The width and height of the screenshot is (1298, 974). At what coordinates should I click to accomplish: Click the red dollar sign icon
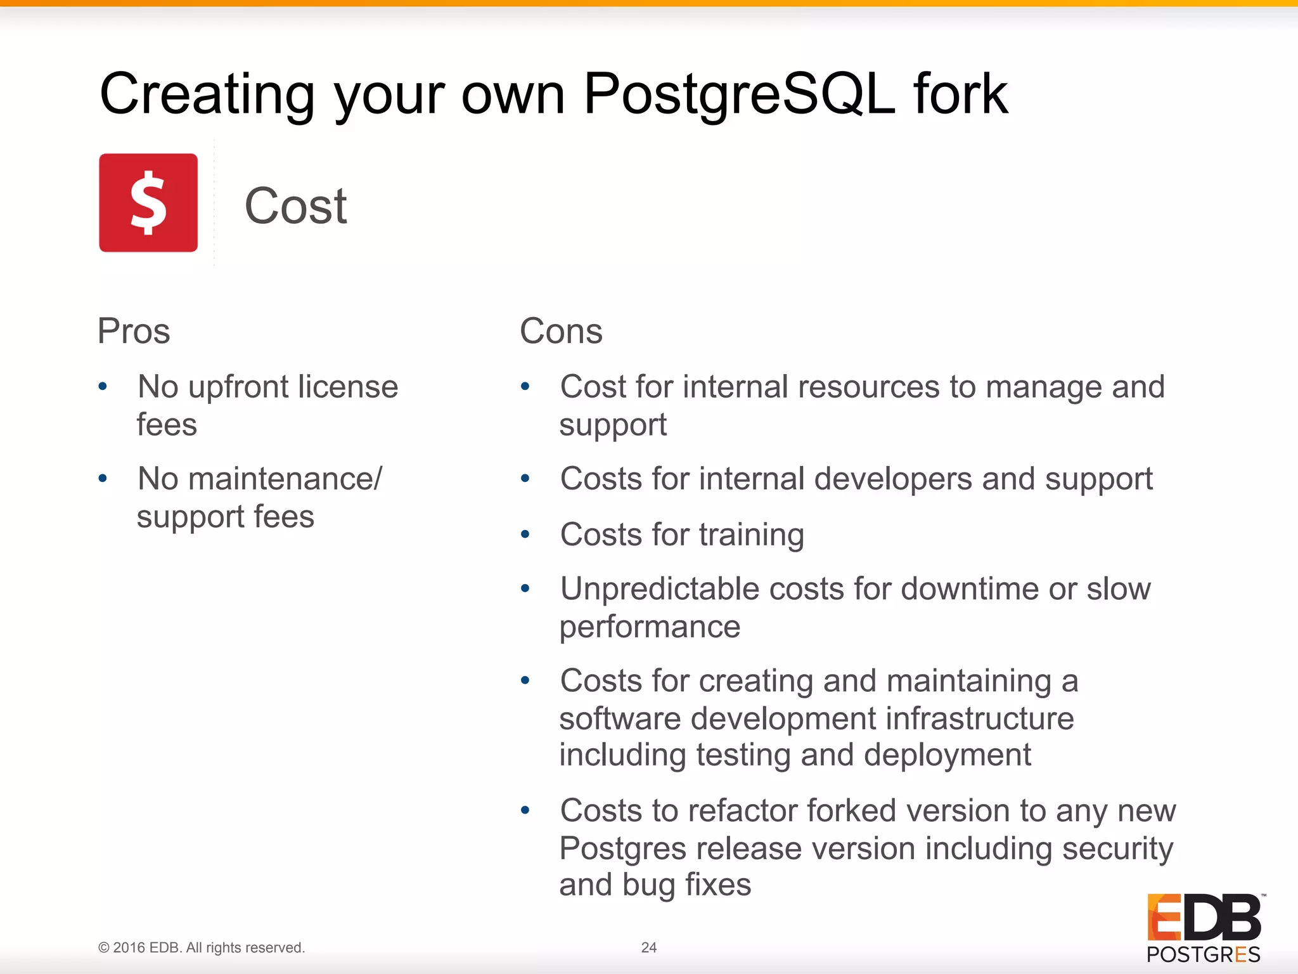tap(148, 203)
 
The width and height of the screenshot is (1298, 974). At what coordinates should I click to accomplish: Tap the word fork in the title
tap(961, 94)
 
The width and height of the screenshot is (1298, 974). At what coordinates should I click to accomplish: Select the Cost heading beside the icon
tap(295, 207)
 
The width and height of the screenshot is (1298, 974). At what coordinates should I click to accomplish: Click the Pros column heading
tap(134, 331)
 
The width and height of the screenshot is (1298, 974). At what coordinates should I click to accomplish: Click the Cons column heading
tap(561, 331)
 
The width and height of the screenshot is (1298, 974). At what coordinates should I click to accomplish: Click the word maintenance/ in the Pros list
tap(285, 479)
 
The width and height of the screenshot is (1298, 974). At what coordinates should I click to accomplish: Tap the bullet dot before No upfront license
tap(103, 386)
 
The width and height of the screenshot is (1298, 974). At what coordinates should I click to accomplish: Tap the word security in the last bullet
tap(1117, 849)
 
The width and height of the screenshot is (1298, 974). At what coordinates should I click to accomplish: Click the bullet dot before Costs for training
tap(525, 534)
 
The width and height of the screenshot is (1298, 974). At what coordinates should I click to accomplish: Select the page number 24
tap(648, 947)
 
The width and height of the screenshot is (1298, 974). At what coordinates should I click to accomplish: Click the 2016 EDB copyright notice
tap(202, 947)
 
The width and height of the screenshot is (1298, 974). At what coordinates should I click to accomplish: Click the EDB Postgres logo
tap(1204, 928)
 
